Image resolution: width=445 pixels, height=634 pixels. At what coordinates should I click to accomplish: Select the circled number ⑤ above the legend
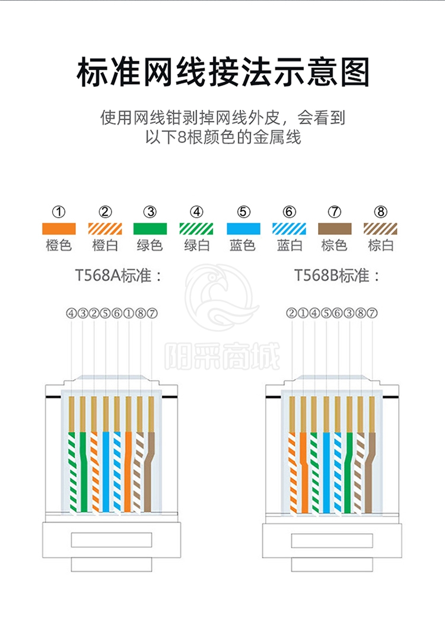[x=243, y=212]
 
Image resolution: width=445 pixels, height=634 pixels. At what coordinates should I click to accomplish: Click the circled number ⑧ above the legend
[x=381, y=212]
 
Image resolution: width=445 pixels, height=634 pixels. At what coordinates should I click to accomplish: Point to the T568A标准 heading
[x=118, y=276]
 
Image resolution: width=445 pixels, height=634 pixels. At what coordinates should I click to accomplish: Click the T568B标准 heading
[x=337, y=276]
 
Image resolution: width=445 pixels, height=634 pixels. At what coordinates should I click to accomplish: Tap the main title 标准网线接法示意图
[x=223, y=73]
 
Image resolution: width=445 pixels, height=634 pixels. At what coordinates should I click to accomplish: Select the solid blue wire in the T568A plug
[x=106, y=469]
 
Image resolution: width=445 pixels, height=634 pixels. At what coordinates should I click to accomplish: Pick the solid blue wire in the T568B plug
[x=326, y=469]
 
